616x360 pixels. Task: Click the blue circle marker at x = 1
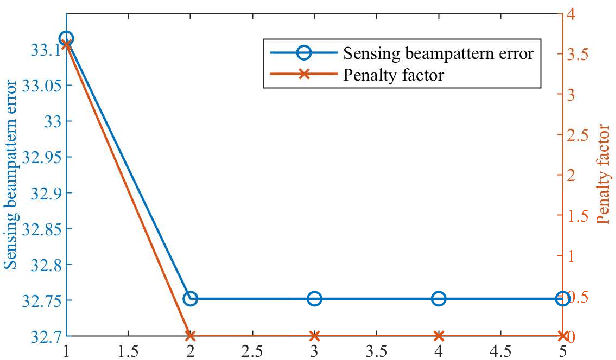pyautogui.click(x=66, y=38)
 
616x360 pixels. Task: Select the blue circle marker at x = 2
pyautogui.click(x=190, y=299)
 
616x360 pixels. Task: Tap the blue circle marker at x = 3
pyautogui.click(x=314, y=299)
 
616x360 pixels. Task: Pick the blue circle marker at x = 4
pyautogui.click(x=438, y=299)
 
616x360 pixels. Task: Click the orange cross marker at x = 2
pyautogui.click(x=190, y=336)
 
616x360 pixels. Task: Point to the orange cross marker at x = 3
pyautogui.click(x=314, y=336)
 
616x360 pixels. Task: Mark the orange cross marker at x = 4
pyautogui.click(x=438, y=336)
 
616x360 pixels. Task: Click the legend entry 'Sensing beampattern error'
pyautogui.click(x=437, y=53)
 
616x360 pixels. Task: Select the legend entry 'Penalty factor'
pyautogui.click(x=393, y=74)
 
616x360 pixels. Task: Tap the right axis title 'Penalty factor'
pyautogui.click(x=603, y=175)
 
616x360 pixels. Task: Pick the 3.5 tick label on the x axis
pyautogui.click(x=376, y=351)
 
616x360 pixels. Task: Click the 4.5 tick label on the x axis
pyautogui.click(x=500, y=351)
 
